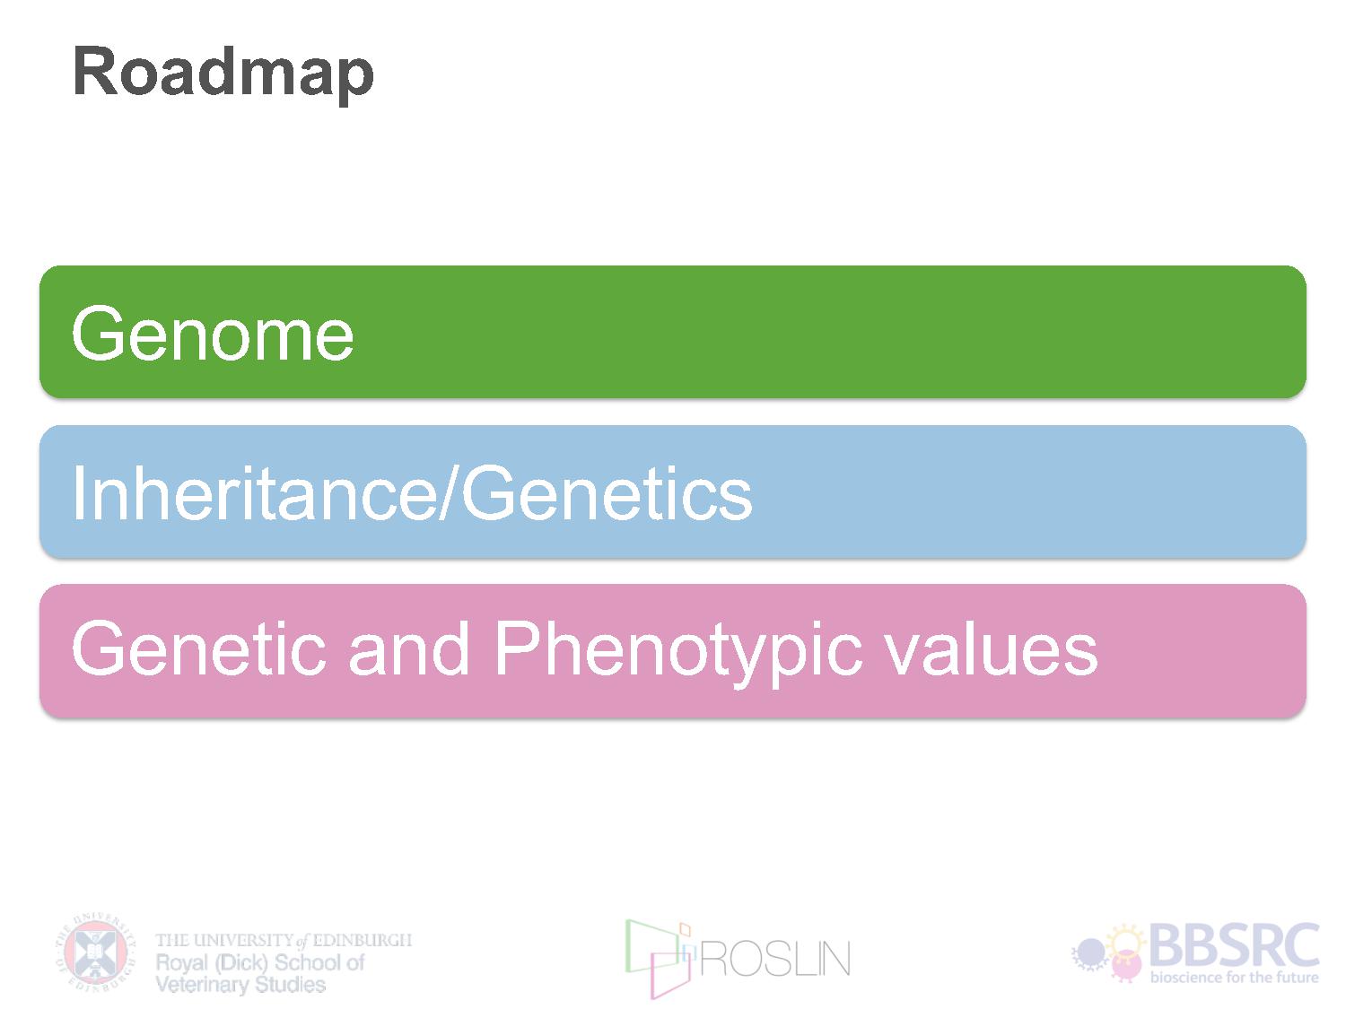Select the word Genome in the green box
[213, 334]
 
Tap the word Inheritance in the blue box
[256, 494]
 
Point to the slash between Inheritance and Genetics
[450, 494]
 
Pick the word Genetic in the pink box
[198, 648]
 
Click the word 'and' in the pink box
[409, 648]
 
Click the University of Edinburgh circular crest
[96, 952]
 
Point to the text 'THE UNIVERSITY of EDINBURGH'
[284, 940]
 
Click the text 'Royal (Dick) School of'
[260, 963]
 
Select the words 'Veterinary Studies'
[240, 985]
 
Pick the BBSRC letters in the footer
[1234, 945]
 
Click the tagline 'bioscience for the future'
[1234, 977]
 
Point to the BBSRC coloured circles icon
[1109, 953]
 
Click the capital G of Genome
[96, 334]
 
